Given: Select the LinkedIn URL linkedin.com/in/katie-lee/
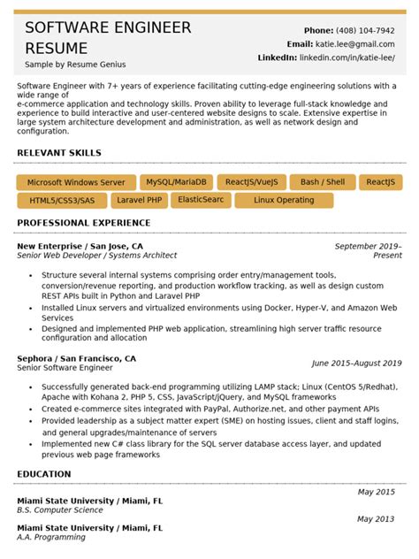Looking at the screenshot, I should [x=347, y=57].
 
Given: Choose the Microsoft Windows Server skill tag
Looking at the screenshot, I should [x=76, y=182].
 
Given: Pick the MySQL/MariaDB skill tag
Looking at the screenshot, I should [x=176, y=182].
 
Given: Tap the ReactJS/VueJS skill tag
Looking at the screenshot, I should [x=251, y=182].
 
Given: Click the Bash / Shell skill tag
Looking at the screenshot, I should [x=323, y=182].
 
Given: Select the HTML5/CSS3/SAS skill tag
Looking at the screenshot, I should [x=62, y=201].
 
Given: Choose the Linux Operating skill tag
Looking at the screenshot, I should [x=284, y=201].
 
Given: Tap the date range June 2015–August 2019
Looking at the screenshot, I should [x=356, y=363].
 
